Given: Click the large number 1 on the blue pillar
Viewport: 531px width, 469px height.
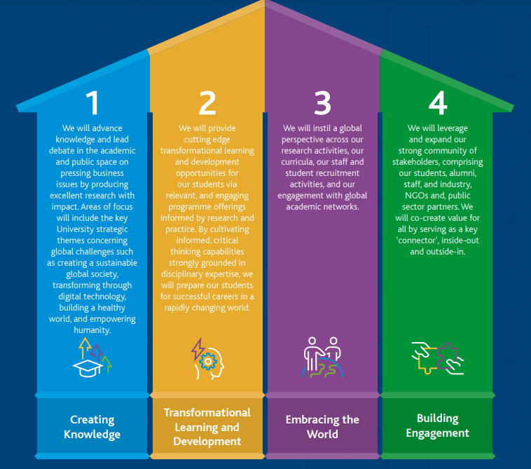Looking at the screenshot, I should [x=92, y=104].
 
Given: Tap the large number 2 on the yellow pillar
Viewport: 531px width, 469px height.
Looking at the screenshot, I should [x=207, y=104].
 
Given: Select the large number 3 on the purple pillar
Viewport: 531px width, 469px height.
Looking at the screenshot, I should [x=322, y=104].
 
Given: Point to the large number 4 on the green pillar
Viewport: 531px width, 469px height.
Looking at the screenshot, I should [x=437, y=104].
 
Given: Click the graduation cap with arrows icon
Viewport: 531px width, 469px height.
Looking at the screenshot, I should [x=92, y=357].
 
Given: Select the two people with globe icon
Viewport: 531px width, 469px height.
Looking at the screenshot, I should [x=322, y=357].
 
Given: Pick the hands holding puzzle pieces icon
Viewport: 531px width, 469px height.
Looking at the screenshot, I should [x=438, y=357].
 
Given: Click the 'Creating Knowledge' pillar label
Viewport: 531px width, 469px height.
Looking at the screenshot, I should [x=92, y=427].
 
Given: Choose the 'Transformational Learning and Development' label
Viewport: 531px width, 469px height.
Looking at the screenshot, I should [x=207, y=427].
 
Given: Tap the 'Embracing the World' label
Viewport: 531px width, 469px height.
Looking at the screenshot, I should [x=322, y=427].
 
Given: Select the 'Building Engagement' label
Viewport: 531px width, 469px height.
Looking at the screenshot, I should [x=438, y=426].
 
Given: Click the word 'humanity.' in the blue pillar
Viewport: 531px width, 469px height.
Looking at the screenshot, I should [x=92, y=330].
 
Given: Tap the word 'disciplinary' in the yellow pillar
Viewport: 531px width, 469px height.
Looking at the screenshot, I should [x=187, y=274].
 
